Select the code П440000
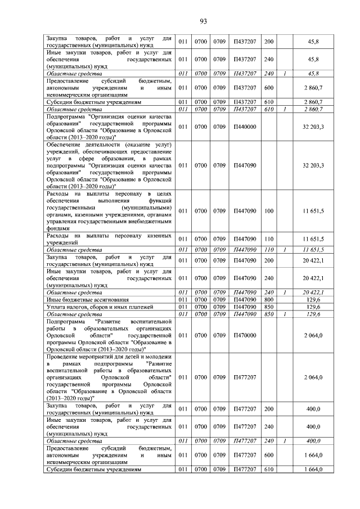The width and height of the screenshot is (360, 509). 245,127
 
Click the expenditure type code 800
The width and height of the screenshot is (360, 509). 268,300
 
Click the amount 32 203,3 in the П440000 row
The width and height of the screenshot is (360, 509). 313,127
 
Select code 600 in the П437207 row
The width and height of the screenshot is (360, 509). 268,88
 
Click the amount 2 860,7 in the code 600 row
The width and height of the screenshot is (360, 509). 313,88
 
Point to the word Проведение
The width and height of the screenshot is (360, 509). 64,357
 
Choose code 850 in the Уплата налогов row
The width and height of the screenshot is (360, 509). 268,307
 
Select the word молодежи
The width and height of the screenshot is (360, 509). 158,357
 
